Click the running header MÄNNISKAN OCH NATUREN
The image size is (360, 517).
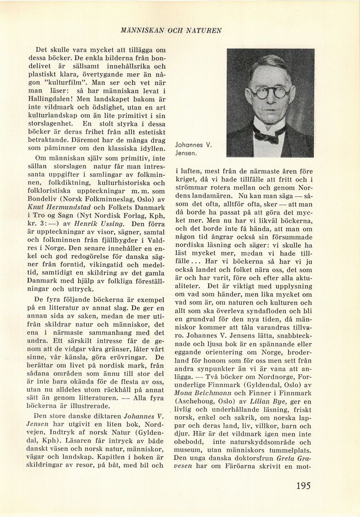tap(171, 31)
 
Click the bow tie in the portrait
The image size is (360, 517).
tap(268, 134)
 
